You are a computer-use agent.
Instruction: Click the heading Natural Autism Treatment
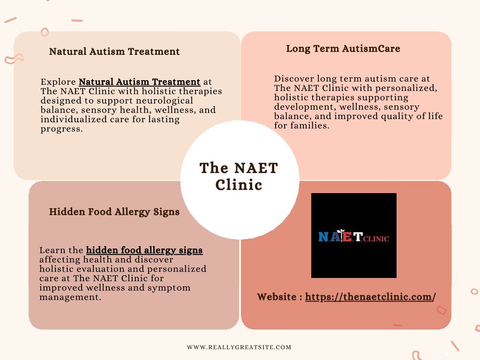(114, 52)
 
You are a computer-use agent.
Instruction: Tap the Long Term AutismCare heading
(343, 49)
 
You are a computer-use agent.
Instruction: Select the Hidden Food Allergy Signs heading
(114, 212)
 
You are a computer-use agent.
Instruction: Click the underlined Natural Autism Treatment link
(140, 82)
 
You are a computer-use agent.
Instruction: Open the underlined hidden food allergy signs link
(144, 250)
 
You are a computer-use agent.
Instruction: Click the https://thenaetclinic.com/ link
(370, 297)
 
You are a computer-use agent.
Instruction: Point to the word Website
(277, 297)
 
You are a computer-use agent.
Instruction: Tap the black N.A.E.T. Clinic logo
(354, 235)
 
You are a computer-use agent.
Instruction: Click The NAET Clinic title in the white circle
(239, 176)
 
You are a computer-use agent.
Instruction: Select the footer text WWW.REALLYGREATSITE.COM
(239, 347)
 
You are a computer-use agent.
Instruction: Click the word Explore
(58, 82)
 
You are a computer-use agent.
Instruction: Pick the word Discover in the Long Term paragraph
(294, 79)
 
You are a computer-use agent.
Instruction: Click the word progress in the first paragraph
(61, 129)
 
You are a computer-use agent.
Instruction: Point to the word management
(70, 297)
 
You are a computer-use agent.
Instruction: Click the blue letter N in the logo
(323, 237)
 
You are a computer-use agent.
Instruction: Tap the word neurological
(165, 101)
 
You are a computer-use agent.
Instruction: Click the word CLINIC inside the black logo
(376, 239)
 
